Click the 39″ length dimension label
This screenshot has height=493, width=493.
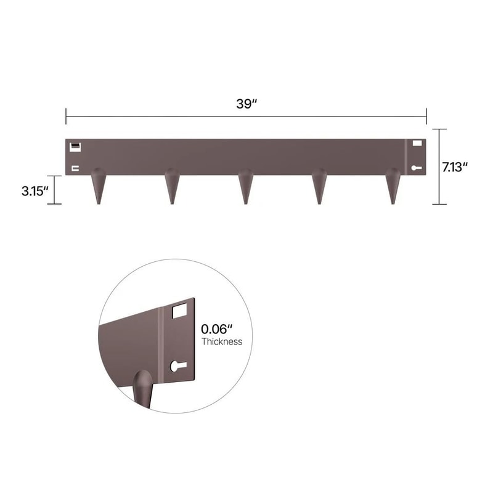tap(246, 104)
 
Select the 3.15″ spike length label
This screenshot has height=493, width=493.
tap(35, 190)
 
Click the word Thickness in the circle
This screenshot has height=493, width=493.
tap(222, 341)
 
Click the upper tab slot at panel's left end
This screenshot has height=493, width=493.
tap(75, 147)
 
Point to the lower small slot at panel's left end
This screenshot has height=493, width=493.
tap(75, 168)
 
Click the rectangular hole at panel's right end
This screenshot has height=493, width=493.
tap(417, 144)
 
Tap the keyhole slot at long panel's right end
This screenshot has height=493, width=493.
tap(417, 167)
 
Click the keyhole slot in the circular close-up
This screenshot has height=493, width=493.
tap(177, 365)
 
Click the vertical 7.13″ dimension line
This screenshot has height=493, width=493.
tap(439, 166)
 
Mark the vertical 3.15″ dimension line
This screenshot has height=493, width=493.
tap(55, 190)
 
